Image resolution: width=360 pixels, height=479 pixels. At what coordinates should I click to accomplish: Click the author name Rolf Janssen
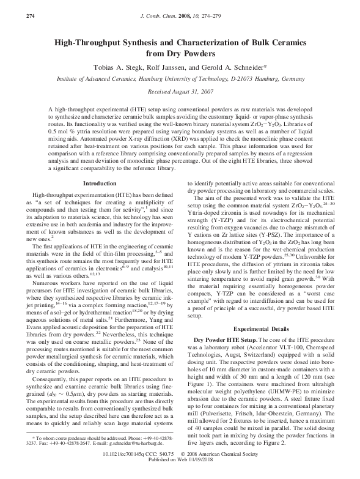(x=172, y=67)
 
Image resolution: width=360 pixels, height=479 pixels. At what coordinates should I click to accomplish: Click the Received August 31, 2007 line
(x=179, y=91)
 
